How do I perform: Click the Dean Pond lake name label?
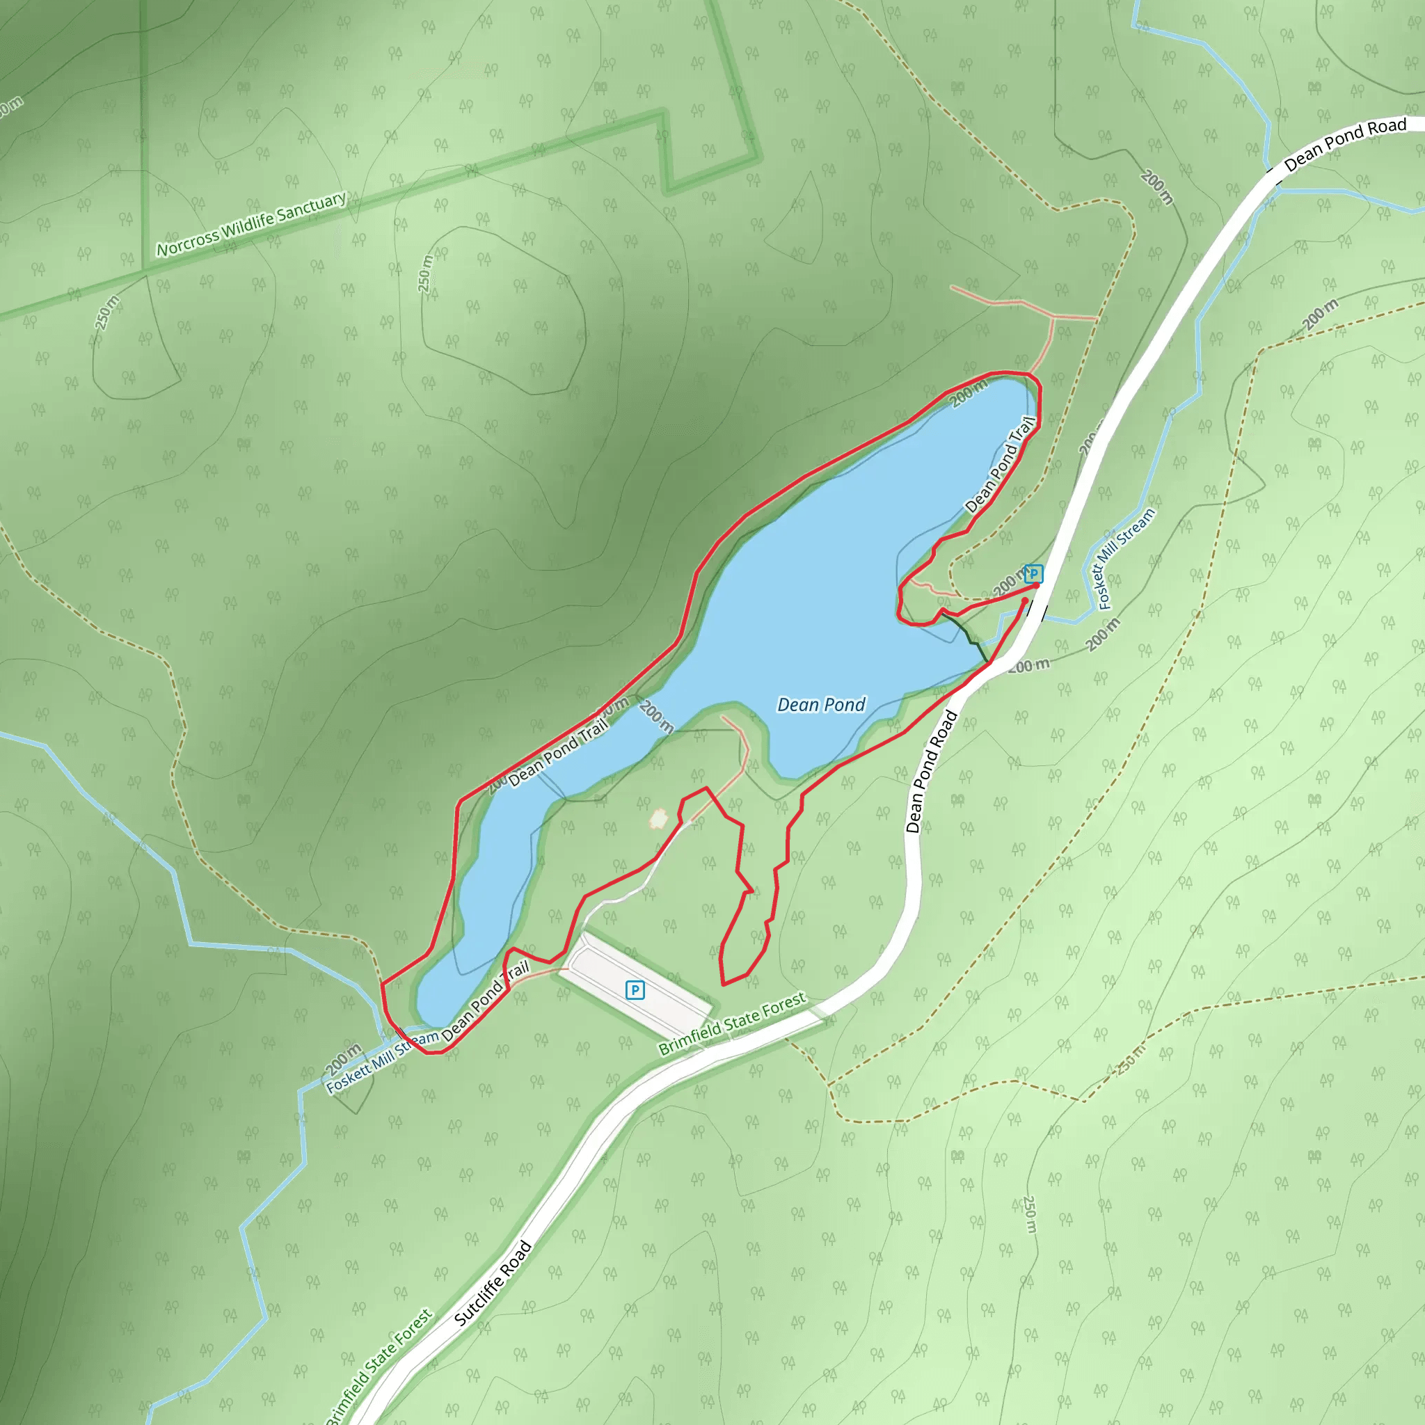tap(821, 705)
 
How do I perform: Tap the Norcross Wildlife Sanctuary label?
tap(250, 224)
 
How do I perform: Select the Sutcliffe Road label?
tap(492, 1283)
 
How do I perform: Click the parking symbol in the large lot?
tap(635, 990)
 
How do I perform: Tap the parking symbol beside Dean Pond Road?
tap(1033, 573)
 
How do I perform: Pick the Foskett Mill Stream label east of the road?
tap(1126, 558)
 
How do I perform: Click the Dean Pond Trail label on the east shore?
tap(1000, 465)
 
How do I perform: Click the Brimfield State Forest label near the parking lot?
tap(732, 1024)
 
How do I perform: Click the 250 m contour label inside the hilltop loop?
tap(426, 273)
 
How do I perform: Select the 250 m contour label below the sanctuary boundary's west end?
tap(107, 312)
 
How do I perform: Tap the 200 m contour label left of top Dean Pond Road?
tap(1156, 187)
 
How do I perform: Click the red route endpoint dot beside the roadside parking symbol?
tap(1035, 585)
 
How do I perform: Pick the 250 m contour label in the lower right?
tap(1030, 1214)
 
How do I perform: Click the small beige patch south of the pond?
tap(659, 818)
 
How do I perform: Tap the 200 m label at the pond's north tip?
tap(967, 394)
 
